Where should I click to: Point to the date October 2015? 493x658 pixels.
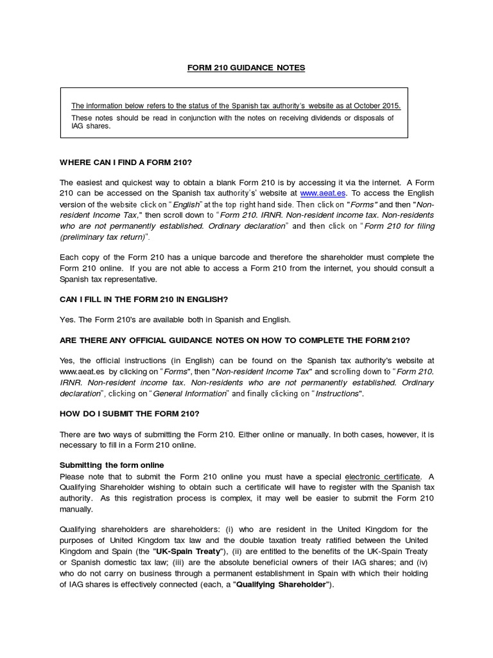[378, 106]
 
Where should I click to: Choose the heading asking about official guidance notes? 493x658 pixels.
[234, 339]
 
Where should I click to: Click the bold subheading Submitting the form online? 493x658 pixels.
[112, 465]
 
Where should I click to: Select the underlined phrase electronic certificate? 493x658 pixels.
[383, 476]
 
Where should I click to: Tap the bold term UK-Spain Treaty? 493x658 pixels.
[187, 551]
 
